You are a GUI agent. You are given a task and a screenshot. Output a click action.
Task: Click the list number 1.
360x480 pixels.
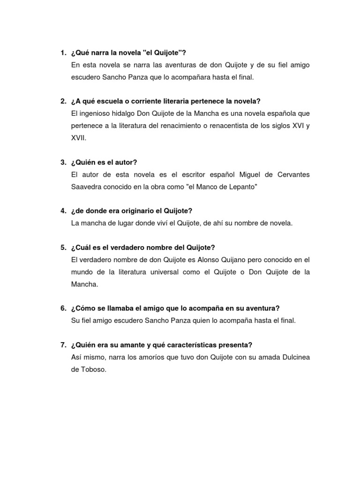tap(63, 52)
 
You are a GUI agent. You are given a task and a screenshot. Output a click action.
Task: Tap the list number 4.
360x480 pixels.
tap(63, 211)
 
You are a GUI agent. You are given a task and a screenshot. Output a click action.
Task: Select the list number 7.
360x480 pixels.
tap(63, 345)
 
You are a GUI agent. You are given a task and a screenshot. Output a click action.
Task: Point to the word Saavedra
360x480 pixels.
tap(86, 187)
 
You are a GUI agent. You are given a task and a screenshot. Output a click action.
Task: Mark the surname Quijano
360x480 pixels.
tap(240, 260)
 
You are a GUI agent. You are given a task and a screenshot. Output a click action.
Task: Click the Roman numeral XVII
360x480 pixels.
tap(78, 138)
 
